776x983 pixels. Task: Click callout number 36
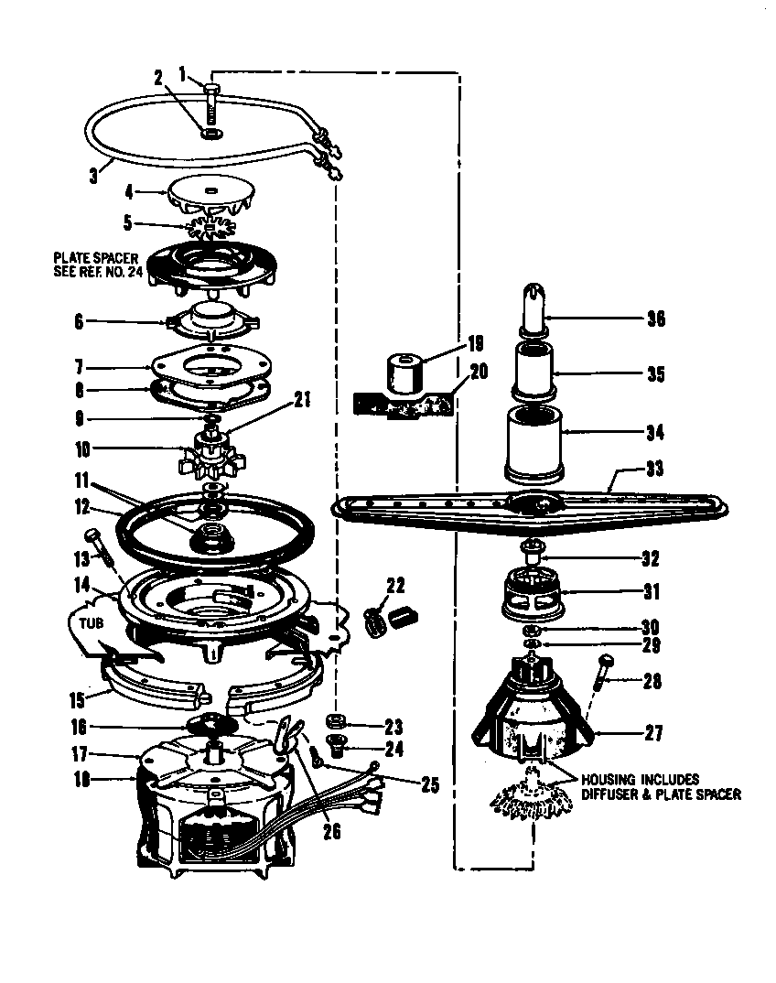[655, 319]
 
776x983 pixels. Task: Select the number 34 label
[655, 432]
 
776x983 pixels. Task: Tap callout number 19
[475, 345]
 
